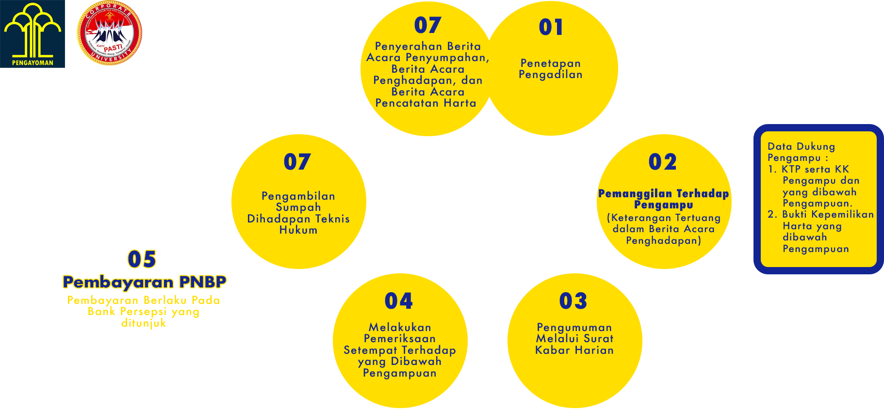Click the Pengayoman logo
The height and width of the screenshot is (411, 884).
(33, 34)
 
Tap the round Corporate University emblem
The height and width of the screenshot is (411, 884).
(109, 33)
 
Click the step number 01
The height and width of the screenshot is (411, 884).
(551, 27)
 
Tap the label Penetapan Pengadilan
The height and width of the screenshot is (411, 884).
(551, 69)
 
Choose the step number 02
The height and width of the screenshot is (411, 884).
(662, 162)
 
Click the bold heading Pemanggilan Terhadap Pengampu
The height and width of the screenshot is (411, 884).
(663, 199)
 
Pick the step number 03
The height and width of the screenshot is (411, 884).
(573, 301)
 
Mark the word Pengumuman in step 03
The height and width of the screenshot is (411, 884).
(574, 328)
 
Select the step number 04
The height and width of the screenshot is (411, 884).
(398, 301)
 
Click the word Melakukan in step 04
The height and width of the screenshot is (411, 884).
(400, 328)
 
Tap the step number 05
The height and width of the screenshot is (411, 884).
(142, 259)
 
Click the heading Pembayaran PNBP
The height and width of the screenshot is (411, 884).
(145, 283)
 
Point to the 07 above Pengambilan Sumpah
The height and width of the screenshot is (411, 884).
(297, 162)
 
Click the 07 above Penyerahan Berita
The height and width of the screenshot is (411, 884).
(427, 25)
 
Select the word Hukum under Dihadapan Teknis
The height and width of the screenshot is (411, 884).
(298, 230)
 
